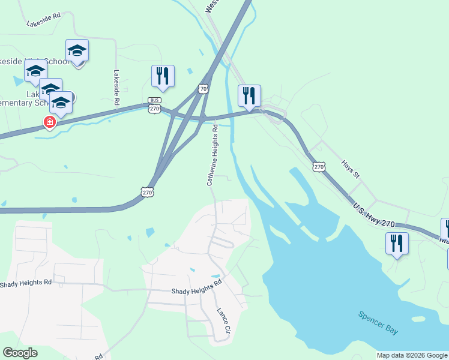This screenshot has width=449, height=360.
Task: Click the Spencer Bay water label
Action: tap(378, 323)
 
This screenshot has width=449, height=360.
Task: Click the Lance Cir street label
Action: tap(223, 321)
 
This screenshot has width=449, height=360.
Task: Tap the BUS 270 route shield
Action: tap(154, 105)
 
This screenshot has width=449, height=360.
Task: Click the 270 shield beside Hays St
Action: tap(319, 166)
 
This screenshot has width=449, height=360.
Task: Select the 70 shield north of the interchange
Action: tap(203, 89)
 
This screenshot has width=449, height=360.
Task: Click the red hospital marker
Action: tap(49, 122)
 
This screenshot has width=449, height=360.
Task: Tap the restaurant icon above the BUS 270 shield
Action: tap(163, 76)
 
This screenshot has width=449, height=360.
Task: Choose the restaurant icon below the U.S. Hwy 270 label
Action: tap(397, 244)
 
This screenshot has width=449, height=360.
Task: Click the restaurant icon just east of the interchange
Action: tap(249, 96)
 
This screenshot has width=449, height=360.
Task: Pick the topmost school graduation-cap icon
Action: tap(77, 50)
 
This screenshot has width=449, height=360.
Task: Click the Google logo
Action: tap(20, 353)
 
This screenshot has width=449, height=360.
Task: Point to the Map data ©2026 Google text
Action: tap(412, 355)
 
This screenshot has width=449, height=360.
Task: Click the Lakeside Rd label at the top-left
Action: tap(44, 23)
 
